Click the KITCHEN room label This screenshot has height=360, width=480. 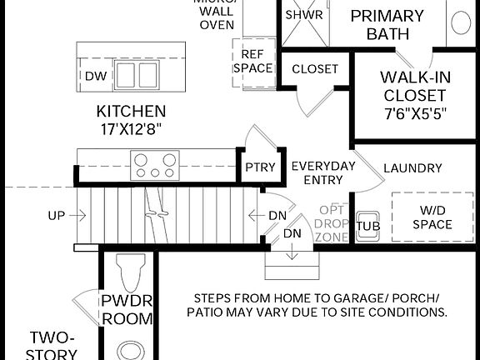click(131, 111)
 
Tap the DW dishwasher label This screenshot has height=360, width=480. click(94, 76)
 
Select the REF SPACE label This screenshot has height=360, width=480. click(252, 60)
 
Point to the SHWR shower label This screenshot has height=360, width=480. click(304, 15)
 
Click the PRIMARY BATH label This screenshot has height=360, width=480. click(387, 25)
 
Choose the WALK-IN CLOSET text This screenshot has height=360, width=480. click(415, 86)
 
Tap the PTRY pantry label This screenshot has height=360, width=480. click(260, 167)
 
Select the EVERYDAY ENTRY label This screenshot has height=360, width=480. click(322, 172)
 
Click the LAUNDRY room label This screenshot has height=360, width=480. click(412, 167)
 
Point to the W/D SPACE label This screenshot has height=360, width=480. click(432, 217)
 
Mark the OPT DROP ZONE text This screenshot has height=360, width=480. click(333, 223)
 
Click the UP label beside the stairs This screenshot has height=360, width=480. click(56, 215)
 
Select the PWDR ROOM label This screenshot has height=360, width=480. click(127, 309)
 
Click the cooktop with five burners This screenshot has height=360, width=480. click(155, 163)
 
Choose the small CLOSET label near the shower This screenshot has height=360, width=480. click(316, 68)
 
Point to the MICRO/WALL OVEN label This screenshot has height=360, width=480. click(216, 14)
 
